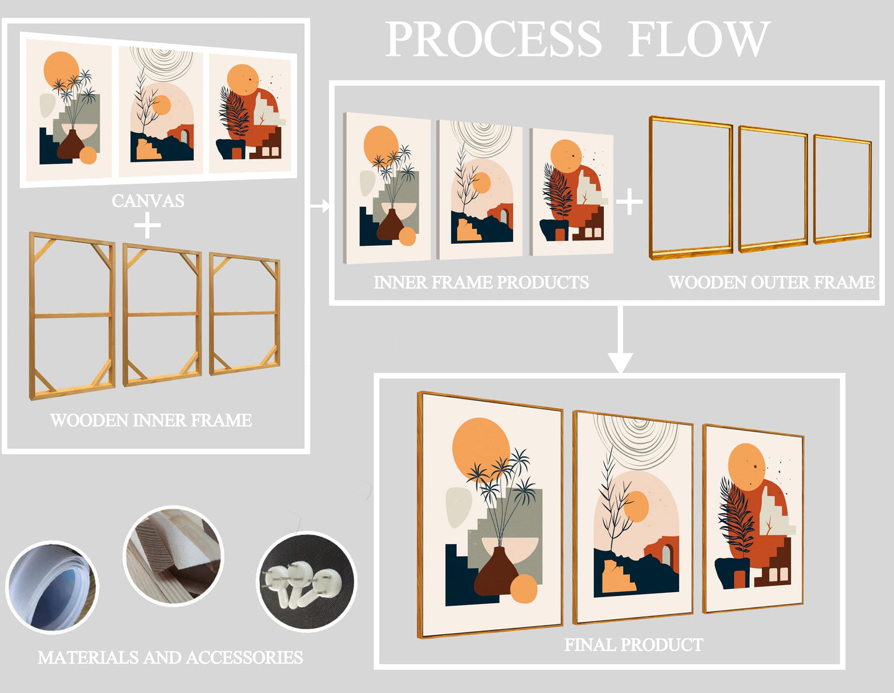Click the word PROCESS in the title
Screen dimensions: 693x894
pyautogui.click(x=493, y=40)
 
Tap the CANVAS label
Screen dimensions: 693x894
pyautogui.click(x=148, y=200)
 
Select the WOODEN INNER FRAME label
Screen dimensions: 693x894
pyautogui.click(x=151, y=420)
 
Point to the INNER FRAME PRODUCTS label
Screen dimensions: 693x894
pyautogui.click(x=481, y=282)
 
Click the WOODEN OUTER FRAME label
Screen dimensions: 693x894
pyautogui.click(x=772, y=282)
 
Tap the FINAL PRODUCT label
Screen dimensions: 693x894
pyautogui.click(x=634, y=645)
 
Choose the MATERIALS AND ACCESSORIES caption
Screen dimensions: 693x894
pyautogui.click(x=170, y=657)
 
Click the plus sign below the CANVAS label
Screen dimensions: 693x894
pyautogui.click(x=147, y=225)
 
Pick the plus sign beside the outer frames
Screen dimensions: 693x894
pyautogui.click(x=629, y=202)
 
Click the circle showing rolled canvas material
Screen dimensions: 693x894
pyautogui.click(x=52, y=586)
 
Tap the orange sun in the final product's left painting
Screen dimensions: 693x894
pyautogui.click(x=481, y=448)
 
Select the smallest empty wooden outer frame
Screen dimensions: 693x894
pyautogui.click(x=842, y=189)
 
